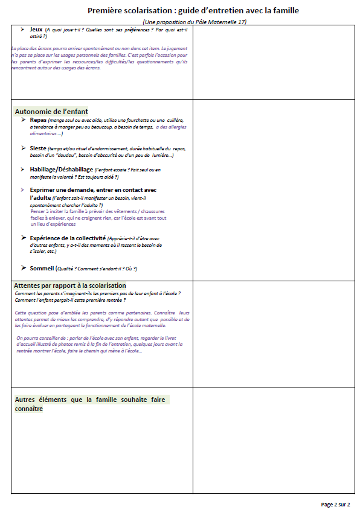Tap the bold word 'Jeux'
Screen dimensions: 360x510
click(36, 29)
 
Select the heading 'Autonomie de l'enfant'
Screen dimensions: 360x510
click(51, 112)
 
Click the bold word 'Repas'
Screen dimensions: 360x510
click(39, 120)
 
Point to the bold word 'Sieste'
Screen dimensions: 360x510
click(40, 148)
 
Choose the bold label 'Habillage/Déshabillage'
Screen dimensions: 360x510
click(62, 170)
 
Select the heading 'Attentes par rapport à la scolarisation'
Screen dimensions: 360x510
click(70, 285)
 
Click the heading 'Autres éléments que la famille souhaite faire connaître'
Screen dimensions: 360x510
click(91, 400)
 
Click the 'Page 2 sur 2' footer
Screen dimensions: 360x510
click(335, 504)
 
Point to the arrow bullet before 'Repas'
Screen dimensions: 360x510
click(24, 120)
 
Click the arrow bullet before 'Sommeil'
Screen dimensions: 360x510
click(24, 267)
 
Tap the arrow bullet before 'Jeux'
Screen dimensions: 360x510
click(22, 29)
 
